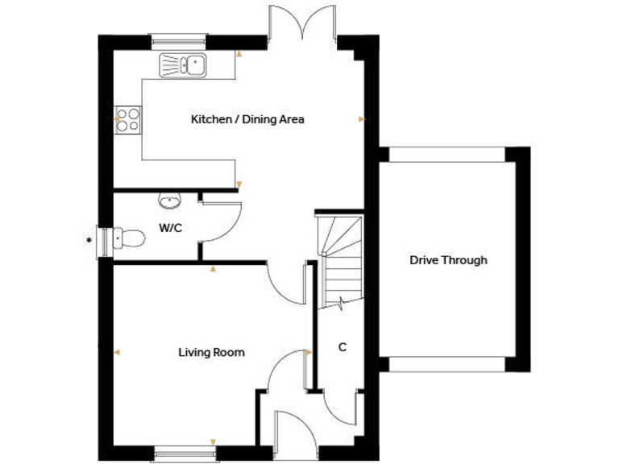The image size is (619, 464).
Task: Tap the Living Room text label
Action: click(211, 353)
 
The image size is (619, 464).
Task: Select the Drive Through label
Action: click(448, 260)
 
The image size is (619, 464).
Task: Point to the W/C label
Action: click(170, 229)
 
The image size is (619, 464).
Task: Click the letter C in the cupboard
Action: click(342, 348)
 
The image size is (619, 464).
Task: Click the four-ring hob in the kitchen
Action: click(129, 121)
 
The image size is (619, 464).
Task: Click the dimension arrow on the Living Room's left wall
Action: click(117, 352)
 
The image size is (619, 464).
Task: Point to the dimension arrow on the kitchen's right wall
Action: click(362, 119)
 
